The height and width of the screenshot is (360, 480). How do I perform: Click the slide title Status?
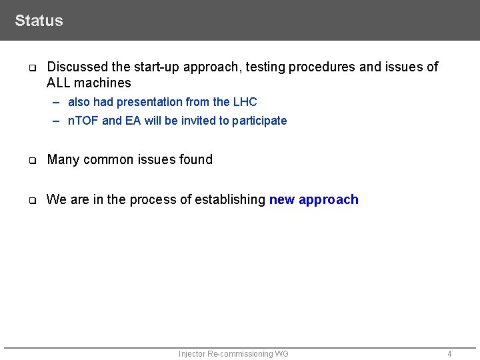coord(39,21)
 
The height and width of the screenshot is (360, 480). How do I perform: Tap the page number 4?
coord(449,354)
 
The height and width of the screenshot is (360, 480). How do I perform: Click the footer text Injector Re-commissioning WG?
coord(233,354)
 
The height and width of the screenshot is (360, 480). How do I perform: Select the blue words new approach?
coord(313,199)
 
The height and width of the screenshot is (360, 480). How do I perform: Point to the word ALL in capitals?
coord(59,83)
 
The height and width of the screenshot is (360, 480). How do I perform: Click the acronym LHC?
coord(245,102)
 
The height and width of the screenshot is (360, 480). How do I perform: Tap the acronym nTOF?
coord(83,121)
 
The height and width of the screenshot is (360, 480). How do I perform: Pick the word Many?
coord(63,159)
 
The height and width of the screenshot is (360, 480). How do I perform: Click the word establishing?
coord(230,199)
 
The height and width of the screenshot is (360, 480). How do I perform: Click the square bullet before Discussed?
coord(31,67)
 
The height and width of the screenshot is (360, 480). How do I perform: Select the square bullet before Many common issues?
coord(31,160)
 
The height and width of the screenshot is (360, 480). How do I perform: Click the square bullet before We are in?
coord(31,200)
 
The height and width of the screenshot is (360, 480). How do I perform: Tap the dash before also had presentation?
coord(57,102)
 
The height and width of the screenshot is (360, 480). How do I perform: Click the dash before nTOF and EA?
coord(57,121)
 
